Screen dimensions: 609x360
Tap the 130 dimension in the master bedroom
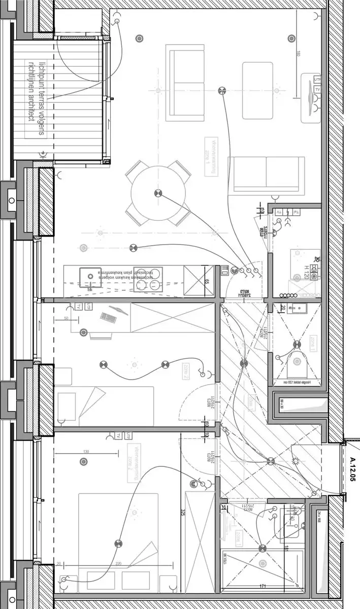pos(86,451)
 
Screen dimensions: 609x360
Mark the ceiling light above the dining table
pos(157,193)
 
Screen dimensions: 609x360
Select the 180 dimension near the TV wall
pos(299,54)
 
